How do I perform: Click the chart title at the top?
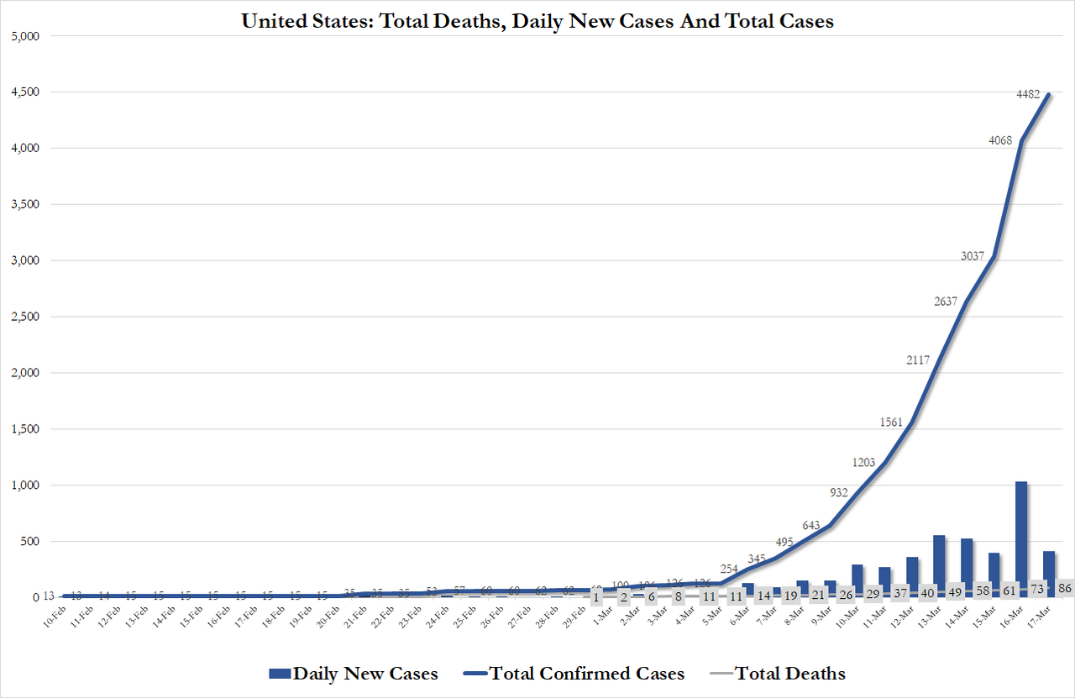pos(537,21)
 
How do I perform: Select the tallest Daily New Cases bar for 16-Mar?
pos(1021,538)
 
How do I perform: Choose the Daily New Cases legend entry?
pos(354,673)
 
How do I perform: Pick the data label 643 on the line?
pos(812,526)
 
